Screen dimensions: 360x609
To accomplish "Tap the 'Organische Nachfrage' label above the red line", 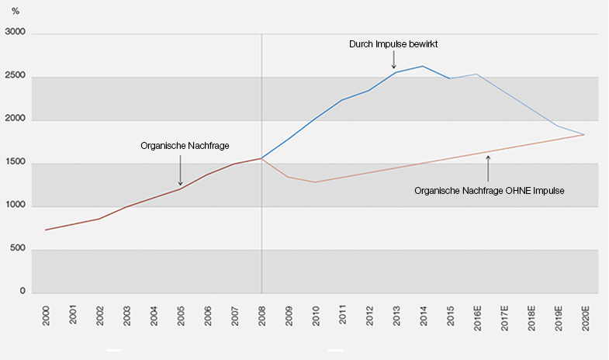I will coord(180,145).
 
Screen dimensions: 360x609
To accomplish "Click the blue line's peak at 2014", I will coord(421,66).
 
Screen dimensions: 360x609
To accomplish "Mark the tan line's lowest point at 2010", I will coord(315,182).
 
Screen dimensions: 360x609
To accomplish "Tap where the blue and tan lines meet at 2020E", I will coord(583,135).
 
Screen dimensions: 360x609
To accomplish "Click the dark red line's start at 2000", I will coord(46,230).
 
